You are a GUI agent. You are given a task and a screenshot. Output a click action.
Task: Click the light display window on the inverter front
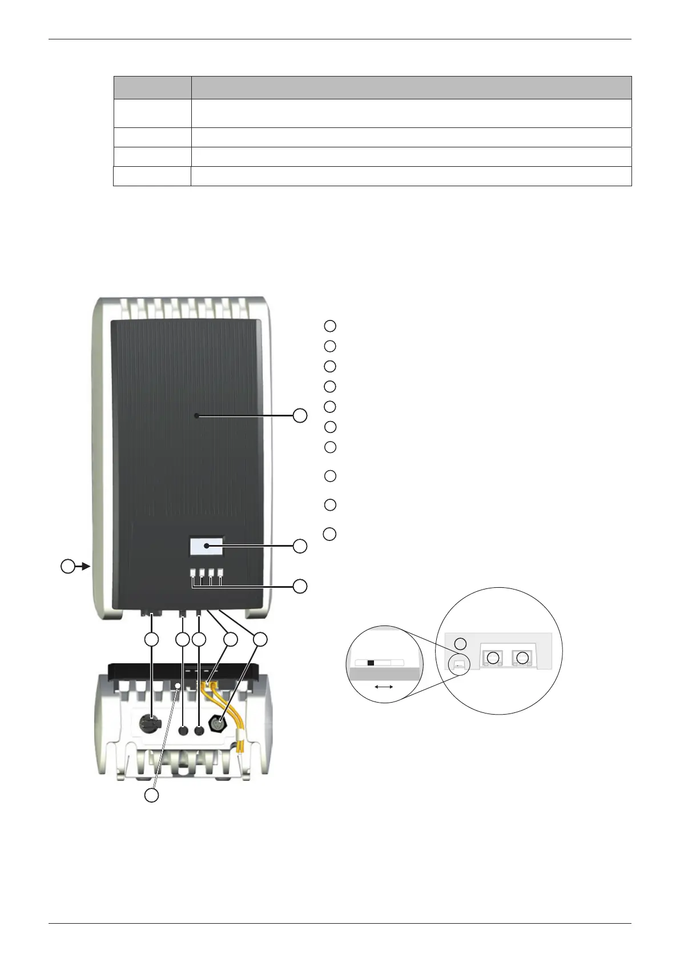pyautogui.click(x=206, y=546)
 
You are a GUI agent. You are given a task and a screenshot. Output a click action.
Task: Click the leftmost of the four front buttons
pyautogui.click(x=193, y=572)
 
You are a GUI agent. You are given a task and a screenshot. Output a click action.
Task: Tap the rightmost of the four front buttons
pyautogui.click(x=220, y=572)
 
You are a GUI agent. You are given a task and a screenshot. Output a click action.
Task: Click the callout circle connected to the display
pyautogui.click(x=300, y=546)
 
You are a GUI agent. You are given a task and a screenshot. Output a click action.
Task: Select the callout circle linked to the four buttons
pyautogui.click(x=300, y=586)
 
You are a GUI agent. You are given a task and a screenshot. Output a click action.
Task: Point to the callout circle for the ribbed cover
pyautogui.click(x=300, y=415)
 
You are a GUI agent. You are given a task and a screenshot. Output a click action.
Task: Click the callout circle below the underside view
pyautogui.click(x=151, y=795)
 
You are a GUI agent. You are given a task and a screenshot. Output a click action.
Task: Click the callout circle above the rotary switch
pyautogui.click(x=151, y=640)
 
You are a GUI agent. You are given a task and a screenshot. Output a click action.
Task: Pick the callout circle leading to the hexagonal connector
pyautogui.click(x=260, y=640)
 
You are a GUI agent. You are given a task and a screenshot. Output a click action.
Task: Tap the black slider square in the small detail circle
pyautogui.click(x=371, y=663)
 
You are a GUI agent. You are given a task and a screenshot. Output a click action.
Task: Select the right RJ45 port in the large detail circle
pyautogui.click(x=522, y=658)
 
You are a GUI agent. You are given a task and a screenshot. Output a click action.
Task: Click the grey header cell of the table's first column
pyautogui.click(x=152, y=87)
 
